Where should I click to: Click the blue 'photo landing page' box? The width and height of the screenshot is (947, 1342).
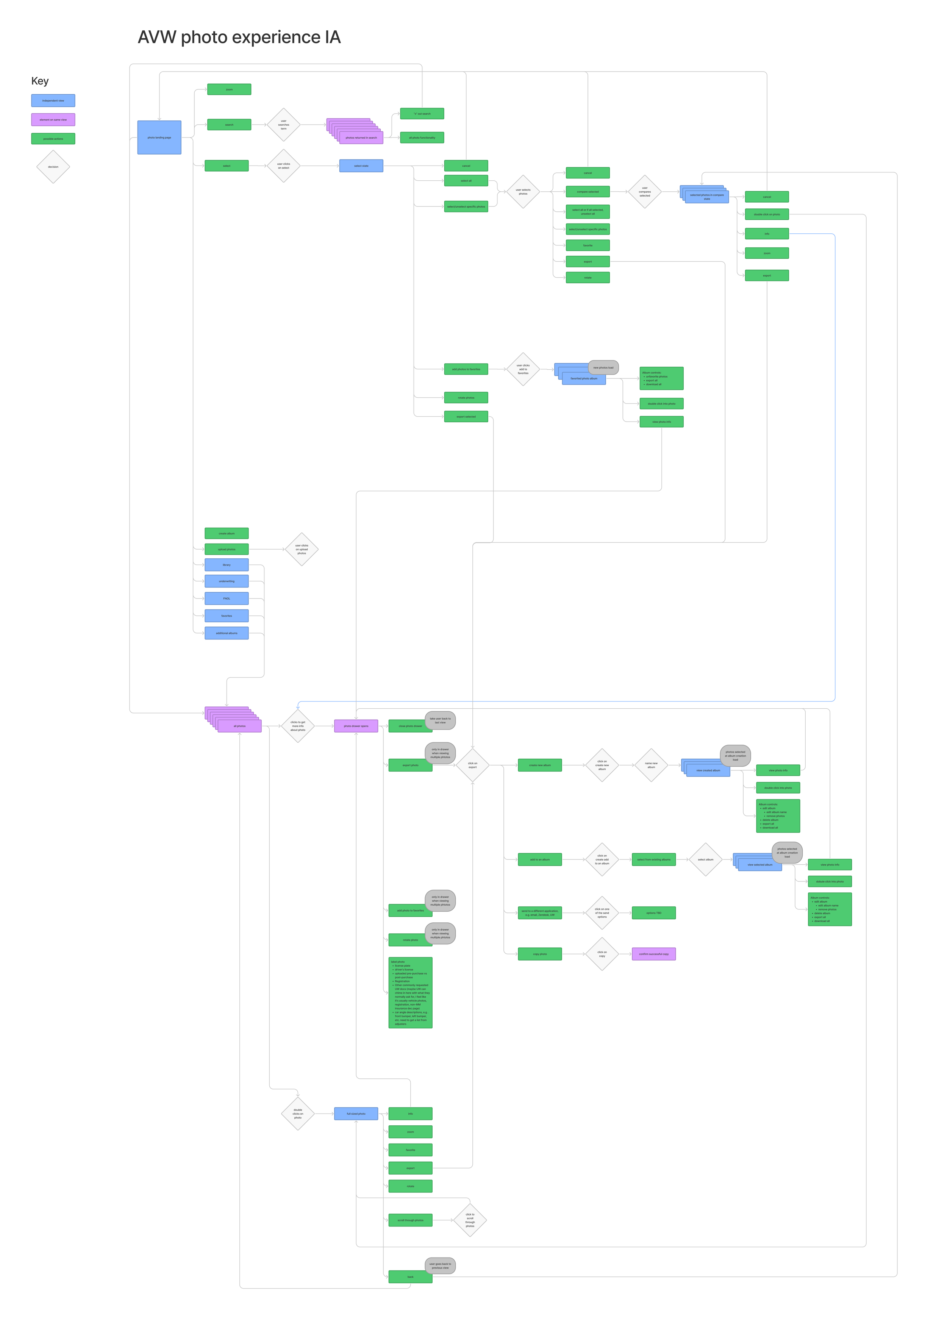159,137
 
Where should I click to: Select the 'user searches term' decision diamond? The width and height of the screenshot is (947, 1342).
283,125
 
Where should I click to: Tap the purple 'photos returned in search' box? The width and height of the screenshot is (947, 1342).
361,138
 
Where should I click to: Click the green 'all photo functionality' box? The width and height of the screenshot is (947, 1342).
422,137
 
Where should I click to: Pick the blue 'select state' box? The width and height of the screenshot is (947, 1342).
361,166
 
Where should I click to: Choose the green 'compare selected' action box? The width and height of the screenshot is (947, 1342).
588,192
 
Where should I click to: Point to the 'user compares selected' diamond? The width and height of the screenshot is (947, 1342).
644,192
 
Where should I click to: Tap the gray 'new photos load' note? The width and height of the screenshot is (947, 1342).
603,368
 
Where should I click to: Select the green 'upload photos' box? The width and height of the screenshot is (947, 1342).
226,550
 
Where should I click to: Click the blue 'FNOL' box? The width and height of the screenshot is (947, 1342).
226,598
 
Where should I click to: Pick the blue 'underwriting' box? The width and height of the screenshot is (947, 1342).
226,581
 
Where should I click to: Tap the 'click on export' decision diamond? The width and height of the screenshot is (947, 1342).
472,765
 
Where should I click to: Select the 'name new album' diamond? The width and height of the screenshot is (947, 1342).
651,765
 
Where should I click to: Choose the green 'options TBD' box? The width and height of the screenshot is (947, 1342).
653,913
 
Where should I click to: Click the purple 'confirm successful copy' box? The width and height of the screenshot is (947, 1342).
653,954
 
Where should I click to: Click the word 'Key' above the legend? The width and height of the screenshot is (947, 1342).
40,81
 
